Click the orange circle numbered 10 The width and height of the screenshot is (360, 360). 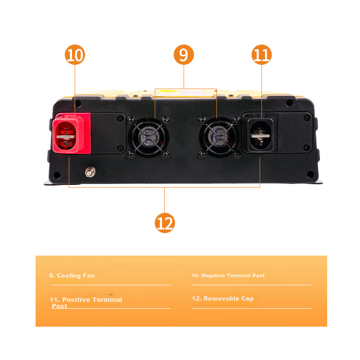pos(75,54)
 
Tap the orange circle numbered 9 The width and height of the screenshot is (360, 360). pos(184,54)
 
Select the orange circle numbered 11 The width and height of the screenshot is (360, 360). pos(261,54)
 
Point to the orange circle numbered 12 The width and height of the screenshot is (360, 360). pos(165,223)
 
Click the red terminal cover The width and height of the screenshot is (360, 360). pos(71,133)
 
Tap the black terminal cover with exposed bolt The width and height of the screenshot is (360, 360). pos(260,133)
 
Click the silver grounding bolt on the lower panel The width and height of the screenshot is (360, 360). pos(90,172)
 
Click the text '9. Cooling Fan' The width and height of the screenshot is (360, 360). pos(72,275)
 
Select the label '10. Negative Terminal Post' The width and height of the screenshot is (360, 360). pos(228,275)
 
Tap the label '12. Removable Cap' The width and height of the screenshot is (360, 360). pos(223,298)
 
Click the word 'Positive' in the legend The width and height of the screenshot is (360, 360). pos(76,300)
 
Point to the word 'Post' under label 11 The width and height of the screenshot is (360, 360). pos(59,306)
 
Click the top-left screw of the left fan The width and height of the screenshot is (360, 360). pos(131,120)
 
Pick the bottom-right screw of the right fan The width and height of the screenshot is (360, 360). pos(237,154)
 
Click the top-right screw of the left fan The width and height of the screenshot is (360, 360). pos(165,120)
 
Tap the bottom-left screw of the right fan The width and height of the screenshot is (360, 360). pos(202,154)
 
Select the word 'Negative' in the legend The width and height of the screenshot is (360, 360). pos(213,275)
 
